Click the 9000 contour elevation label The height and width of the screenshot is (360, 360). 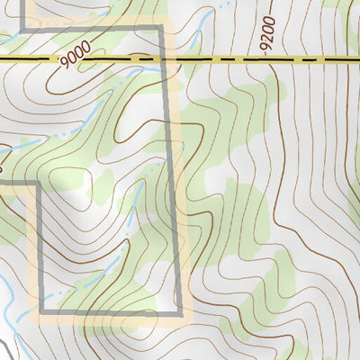[77, 59]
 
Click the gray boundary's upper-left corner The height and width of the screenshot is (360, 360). [25, 29]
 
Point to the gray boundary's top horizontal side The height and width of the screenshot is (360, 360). [90, 29]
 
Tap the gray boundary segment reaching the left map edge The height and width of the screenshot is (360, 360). [18, 184]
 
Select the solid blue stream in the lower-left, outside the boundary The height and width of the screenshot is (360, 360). [7, 301]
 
